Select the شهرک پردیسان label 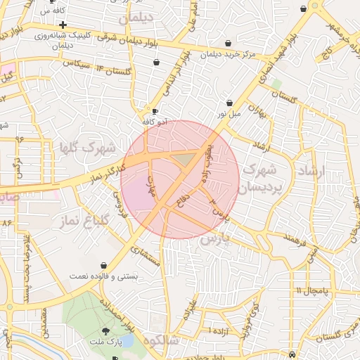[x=261, y=179]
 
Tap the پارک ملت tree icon [x=105, y=330]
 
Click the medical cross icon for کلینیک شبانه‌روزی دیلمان [x=63, y=25]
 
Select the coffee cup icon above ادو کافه [x=155, y=111]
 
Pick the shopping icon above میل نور [x=230, y=103]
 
